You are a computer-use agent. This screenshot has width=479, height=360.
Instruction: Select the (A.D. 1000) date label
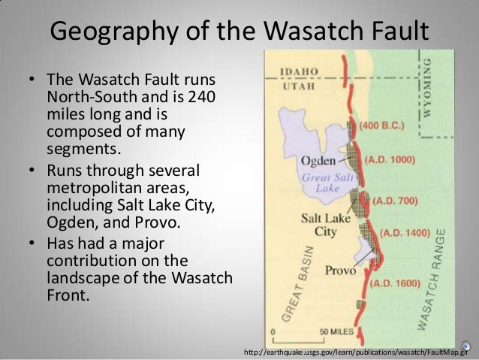390,160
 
